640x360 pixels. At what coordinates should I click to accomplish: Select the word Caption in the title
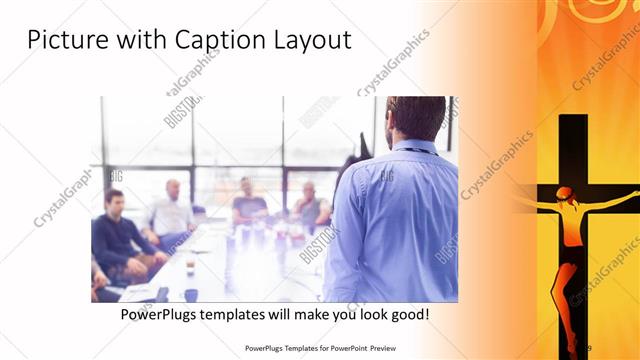point(210,41)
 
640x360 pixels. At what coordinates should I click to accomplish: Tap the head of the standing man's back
point(414,118)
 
